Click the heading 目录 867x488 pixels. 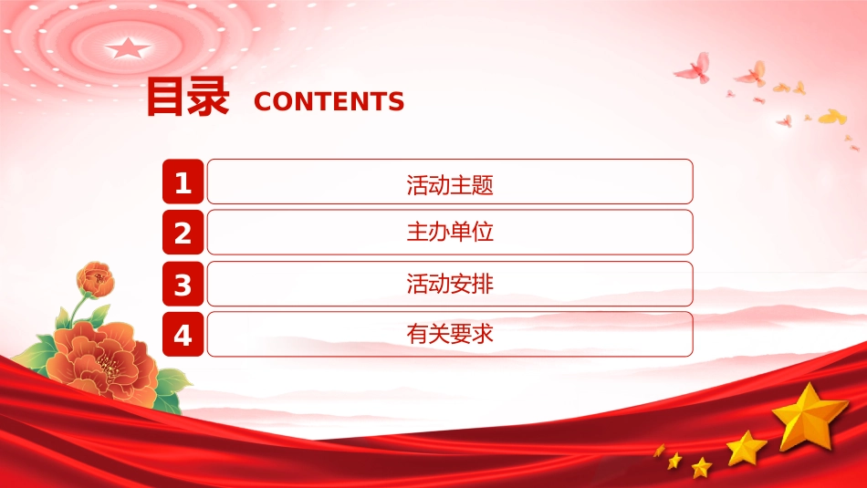tap(187, 97)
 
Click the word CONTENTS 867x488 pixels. tap(329, 101)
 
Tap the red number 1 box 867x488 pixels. tap(183, 182)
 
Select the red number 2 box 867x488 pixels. tap(183, 232)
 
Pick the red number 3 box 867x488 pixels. tap(183, 284)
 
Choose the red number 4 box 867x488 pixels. tap(183, 335)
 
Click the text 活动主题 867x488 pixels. tap(450, 184)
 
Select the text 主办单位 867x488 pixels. tap(450, 232)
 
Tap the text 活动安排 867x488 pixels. tap(450, 284)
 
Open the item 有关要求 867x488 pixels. tap(450, 334)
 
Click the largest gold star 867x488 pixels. tap(810, 417)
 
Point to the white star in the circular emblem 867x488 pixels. tap(128, 48)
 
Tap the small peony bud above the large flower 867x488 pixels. tap(96, 279)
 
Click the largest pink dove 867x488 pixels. tap(694, 69)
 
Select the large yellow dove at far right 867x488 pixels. tap(832, 117)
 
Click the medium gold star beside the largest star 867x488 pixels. tap(747, 448)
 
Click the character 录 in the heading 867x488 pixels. tap(208, 97)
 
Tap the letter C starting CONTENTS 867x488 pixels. tap(262, 101)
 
